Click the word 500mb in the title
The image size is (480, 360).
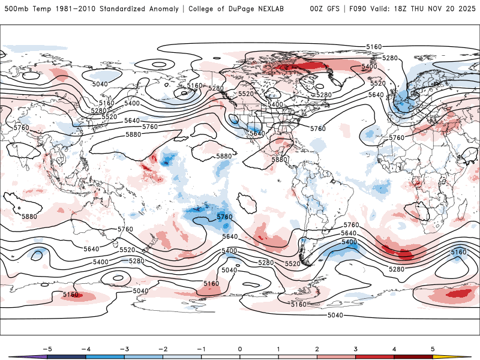coord(16,9)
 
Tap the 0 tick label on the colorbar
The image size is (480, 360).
coord(240,349)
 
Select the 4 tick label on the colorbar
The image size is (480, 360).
coord(394,349)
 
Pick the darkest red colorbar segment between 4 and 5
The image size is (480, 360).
coord(413,357)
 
